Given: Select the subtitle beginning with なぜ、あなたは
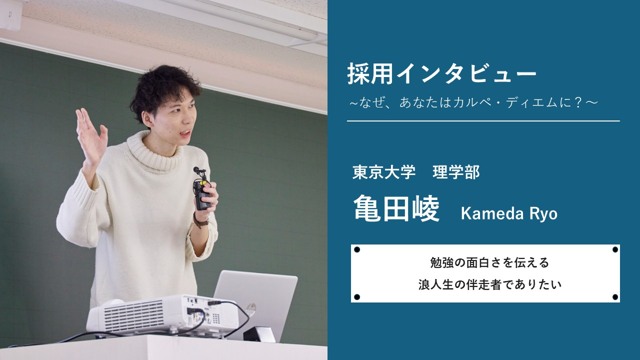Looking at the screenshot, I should click(473, 102).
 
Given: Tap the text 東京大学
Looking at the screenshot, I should click(384, 172).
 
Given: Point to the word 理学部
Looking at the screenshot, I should click(456, 172).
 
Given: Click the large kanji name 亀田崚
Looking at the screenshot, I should click(396, 208).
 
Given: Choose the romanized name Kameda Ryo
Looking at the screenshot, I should click(508, 214).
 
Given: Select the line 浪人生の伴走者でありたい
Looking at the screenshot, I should click(490, 285).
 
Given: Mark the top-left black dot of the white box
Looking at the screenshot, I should click(357, 249).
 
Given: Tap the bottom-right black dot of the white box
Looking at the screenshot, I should click(615, 297).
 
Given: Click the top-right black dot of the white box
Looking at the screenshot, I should click(615, 249).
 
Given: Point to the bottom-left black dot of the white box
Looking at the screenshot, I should click(357, 297).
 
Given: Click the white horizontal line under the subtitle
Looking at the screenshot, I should click(483, 121).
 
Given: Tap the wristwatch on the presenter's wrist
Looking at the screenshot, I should click(200, 221).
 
